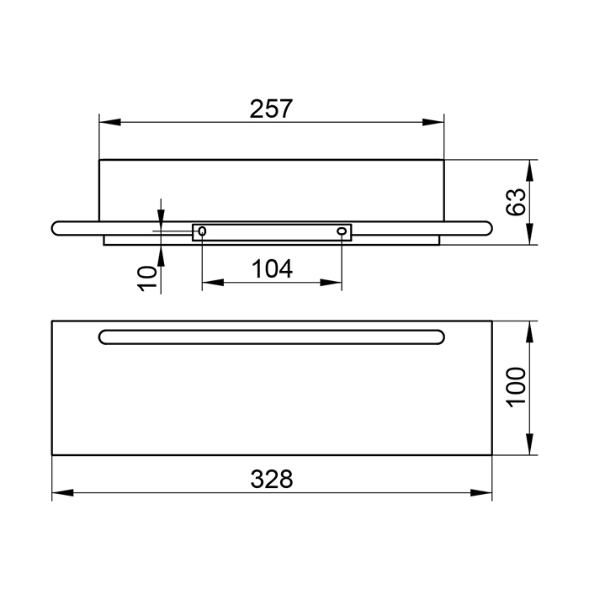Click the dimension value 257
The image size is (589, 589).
(x=271, y=109)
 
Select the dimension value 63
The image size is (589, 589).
(x=515, y=202)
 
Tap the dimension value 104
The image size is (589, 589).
(x=272, y=269)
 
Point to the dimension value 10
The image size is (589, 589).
(x=147, y=279)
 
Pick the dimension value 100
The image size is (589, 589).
(x=516, y=387)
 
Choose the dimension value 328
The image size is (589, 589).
(x=272, y=480)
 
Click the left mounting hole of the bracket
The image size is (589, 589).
(x=202, y=231)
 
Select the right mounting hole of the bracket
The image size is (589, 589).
(x=342, y=231)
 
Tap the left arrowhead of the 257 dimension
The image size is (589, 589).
(x=109, y=122)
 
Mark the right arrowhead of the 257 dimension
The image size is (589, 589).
(x=433, y=122)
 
